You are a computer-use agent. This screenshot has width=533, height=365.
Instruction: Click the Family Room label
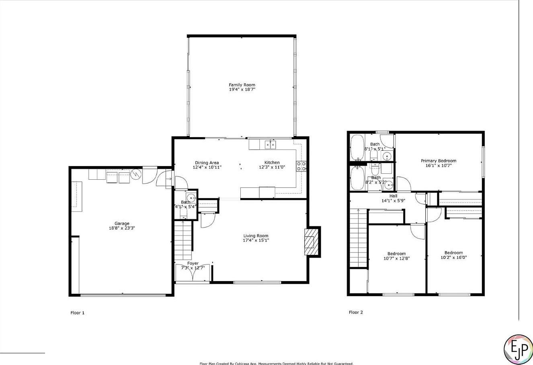coord(242,85)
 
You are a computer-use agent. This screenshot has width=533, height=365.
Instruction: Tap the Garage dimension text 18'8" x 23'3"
coord(122,228)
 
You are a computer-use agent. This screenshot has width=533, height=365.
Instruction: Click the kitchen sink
coord(269,144)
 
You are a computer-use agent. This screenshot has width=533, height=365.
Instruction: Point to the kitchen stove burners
coord(301,166)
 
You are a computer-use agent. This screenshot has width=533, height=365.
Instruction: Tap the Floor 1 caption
coord(78,312)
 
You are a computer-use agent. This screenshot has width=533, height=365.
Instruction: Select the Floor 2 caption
coord(356,312)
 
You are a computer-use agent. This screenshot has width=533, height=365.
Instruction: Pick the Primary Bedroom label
coord(439,161)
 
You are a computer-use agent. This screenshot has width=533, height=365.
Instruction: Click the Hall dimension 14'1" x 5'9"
coord(394,201)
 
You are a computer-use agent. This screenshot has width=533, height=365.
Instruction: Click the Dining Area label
coord(207,163)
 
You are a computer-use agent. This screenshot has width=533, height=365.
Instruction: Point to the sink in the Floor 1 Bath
coord(191,197)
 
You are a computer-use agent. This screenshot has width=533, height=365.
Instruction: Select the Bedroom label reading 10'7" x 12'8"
coord(396,254)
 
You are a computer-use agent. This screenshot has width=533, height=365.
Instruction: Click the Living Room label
coord(256,236)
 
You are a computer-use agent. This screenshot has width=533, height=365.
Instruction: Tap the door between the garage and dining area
coord(165,178)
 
